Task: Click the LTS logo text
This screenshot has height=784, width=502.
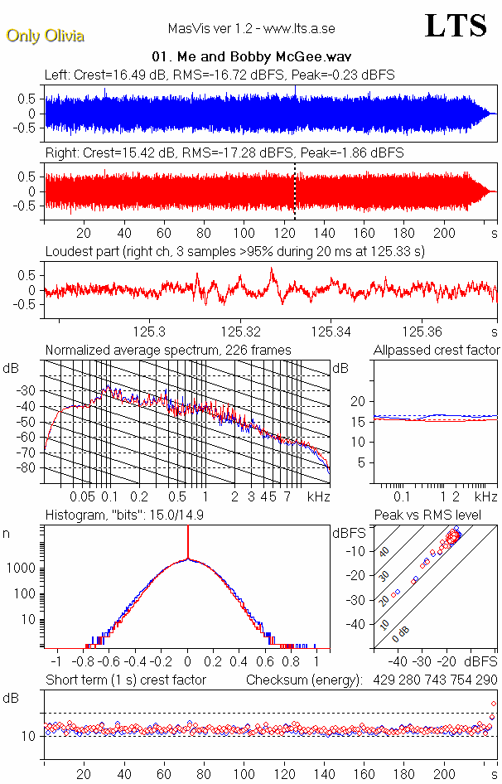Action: point(456,26)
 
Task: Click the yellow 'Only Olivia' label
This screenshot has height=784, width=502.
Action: point(45,36)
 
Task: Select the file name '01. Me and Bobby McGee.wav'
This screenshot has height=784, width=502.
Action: point(252,57)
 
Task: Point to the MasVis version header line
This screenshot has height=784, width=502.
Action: point(251,28)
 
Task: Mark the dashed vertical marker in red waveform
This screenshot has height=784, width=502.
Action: point(294,191)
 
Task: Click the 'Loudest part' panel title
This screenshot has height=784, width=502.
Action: point(234,252)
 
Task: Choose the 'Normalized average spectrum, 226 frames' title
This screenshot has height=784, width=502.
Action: point(168,351)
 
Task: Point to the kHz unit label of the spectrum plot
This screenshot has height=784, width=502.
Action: point(318,497)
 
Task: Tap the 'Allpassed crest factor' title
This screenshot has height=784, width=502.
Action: point(437,351)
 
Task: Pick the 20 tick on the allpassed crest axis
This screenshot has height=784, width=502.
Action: point(359,401)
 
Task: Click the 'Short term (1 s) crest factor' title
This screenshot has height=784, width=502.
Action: point(125,680)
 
